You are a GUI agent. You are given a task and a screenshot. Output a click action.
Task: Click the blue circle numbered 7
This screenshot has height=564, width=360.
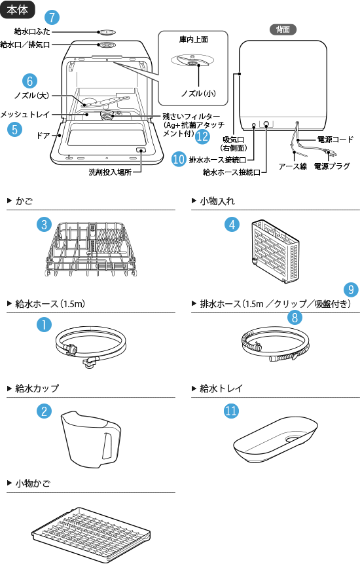(x=52, y=17)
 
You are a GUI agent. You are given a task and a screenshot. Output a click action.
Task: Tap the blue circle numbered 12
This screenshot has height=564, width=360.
(x=202, y=137)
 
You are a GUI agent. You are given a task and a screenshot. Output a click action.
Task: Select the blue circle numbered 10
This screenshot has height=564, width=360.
(x=179, y=159)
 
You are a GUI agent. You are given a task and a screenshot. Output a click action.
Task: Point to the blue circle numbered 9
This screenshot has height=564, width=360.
(x=351, y=290)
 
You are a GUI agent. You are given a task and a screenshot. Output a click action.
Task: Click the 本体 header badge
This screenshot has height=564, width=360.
(x=18, y=10)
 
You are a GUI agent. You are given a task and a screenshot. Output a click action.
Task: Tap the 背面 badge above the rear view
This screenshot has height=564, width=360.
(x=283, y=29)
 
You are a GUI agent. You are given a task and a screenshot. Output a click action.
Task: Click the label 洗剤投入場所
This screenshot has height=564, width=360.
(x=110, y=172)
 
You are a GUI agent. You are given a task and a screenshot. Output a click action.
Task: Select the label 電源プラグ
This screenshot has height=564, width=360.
(x=332, y=166)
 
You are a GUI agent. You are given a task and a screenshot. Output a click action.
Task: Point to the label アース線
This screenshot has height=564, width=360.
(x=293, y=166)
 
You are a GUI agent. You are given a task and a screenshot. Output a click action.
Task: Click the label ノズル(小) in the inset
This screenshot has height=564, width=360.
(x=198, y=94)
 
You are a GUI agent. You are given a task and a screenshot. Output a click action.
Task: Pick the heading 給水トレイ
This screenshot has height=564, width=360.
(x=221, y=388)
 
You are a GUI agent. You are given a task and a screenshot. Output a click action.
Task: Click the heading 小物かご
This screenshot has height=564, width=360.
(x=33, y=483)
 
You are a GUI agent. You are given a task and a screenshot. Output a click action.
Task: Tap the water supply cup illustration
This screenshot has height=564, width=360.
(x=90, y=439)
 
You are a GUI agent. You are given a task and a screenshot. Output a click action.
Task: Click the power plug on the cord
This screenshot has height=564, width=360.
(x=332, y=155)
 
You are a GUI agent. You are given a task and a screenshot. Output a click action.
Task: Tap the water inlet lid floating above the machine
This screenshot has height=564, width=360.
(x=107, y=32)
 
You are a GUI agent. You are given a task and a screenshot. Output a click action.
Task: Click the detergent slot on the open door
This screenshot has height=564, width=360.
(x=141, y=151)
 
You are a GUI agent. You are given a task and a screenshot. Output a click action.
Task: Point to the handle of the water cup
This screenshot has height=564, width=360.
(x=107, y=445)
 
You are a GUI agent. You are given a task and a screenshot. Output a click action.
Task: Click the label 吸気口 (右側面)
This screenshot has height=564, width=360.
(x=234, y=144)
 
